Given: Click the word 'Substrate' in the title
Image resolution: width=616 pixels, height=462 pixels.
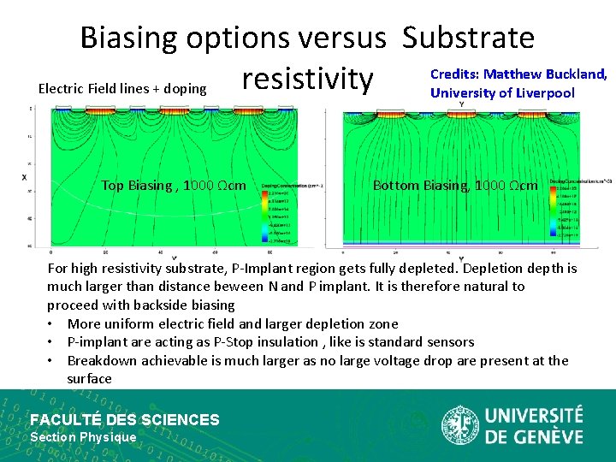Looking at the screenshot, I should pyautogui.click(x=468, y=38).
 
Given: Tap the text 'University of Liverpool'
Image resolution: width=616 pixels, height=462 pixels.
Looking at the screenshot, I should pyautogui.click(x=502, y=92).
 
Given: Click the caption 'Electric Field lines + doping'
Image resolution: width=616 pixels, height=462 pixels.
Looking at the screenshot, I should pyautogui.click(x=122, y=88).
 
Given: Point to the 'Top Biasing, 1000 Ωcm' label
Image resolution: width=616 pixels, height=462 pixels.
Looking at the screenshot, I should pyautogui.click(x=174, y=186).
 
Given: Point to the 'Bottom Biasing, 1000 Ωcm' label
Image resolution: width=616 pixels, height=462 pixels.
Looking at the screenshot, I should pyautogui.click(x=455, y=186).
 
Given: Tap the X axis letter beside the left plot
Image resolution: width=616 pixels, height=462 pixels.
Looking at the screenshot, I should pyautogui.click(x=23, y=176).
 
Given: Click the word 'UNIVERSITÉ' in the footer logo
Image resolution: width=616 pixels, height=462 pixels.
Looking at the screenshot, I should pyautogui.click(x=534, y=416).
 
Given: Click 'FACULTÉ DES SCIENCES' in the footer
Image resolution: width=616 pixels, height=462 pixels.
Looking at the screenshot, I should pyautogui.click(x=125, y=419).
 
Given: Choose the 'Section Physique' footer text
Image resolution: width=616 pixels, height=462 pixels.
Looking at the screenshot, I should pyautogui.click(x=83, y=437).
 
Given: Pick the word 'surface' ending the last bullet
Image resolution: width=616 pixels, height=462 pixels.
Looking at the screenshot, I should pyautogui.click(x=89, y=378).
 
